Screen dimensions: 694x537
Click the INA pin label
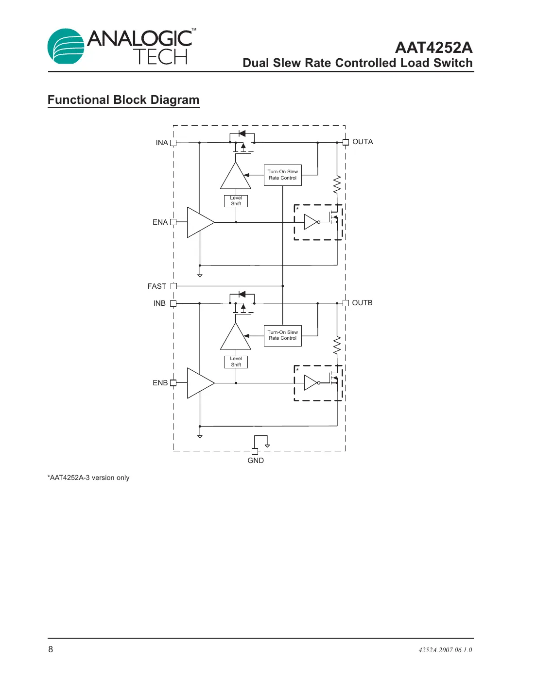tap(161, 143)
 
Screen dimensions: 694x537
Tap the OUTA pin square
tap(346, 142)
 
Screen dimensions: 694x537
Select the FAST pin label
tap(156, 286)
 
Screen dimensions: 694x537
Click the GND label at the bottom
tap(256, 461)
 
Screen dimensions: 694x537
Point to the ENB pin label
tap(160, 383)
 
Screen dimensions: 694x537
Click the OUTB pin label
tap(362, 303)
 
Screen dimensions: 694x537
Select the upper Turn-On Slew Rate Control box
tap(282, 175)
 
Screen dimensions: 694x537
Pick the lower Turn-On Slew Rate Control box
tap(282, 335)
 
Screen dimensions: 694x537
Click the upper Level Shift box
tap(236, 201)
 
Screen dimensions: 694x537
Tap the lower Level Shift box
tap(236, 362)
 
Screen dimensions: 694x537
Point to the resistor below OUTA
tap(337, 185)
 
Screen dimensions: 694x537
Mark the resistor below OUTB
tap(337, 346)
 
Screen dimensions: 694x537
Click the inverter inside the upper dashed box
tap(311, 222)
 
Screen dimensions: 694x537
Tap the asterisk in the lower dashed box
tap(297, 370)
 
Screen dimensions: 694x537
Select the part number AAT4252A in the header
tap(433, 48)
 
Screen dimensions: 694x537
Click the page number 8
tap(51, 649)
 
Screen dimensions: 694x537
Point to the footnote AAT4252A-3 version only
tap(88, 478)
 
